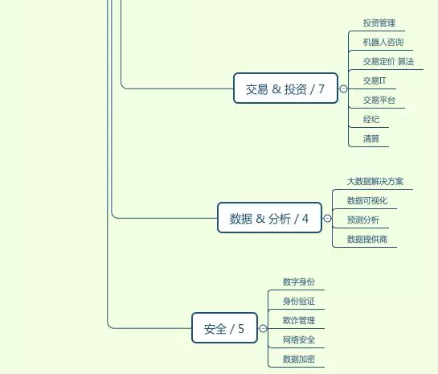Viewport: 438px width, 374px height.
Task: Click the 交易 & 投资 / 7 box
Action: coord(285,88)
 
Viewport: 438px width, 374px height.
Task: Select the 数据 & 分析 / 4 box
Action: coord(269,218)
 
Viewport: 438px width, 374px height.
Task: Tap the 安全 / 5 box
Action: coord(224,328)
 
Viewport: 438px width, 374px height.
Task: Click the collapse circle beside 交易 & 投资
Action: coord(343,89)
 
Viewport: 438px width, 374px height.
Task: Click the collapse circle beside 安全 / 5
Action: coord(263,328)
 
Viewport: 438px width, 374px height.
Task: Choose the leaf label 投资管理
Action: coord(379,23)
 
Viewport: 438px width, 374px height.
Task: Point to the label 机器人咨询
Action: coord(383,42)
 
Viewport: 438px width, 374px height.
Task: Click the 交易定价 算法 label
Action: coord(388,61)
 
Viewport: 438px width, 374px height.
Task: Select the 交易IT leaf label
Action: coord(375,80)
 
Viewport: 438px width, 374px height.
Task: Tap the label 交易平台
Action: coord(379,100)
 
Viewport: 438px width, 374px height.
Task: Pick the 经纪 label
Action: coord(371,119)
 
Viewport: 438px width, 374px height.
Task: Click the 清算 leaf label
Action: coord(371,138)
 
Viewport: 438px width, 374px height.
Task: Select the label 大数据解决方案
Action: coord(375,182)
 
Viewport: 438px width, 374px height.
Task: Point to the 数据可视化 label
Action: coord(366,201)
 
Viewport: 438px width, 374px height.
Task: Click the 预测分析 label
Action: coord(363,220)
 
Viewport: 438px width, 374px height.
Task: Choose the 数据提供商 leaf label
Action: coord(366,239)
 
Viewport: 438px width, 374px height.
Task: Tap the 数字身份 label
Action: coord(299,282)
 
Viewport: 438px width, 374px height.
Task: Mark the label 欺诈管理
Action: coord(299,320)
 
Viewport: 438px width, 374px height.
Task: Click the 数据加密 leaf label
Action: coord(299,359)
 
